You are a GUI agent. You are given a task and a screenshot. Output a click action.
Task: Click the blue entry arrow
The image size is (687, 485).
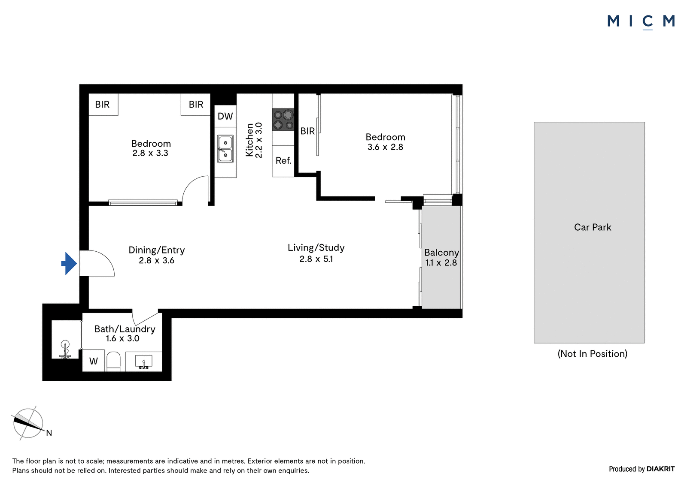(69, 263)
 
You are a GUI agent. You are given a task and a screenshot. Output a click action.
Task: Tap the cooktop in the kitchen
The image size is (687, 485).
(283, 120)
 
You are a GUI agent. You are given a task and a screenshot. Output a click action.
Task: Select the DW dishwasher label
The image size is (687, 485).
(225, 116)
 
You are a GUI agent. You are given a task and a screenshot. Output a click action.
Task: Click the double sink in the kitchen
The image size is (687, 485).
(225, 149)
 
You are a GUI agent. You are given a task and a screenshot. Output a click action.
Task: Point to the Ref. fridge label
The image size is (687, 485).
(283, 160)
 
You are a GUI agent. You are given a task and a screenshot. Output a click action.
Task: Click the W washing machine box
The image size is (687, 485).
(94, 361)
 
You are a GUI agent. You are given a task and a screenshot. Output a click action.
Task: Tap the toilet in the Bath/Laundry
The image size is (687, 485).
(113, 361)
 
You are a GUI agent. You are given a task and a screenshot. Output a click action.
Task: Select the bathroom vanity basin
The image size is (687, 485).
(143, 362)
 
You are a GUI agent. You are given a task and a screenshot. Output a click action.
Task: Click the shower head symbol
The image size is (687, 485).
(65, 349)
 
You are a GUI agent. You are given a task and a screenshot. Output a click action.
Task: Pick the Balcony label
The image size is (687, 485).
(441, 253)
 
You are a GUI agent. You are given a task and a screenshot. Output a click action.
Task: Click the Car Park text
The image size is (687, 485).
(593, 227)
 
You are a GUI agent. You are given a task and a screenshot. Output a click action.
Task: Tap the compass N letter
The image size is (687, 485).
(49, 433)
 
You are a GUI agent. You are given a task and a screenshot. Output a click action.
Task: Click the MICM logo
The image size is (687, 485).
(641, 22)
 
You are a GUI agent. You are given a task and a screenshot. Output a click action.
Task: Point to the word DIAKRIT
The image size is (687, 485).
(661, 469)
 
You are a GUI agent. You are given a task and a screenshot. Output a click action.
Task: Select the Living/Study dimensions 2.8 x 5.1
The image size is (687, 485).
(316, 259)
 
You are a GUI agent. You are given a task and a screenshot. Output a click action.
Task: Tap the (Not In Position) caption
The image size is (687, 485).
(592, 353)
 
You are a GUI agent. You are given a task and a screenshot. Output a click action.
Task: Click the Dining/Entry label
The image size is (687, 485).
(156, 250)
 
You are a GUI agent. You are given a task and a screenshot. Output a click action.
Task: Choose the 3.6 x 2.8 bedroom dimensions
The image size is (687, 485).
(385, 147)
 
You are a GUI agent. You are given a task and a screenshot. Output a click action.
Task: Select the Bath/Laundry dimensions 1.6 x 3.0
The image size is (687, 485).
(123, 338)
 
